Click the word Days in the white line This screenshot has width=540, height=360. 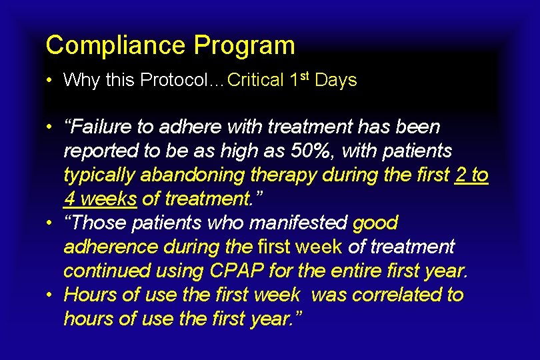tap(336, 81)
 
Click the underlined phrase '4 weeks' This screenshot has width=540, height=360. tap(101, 199)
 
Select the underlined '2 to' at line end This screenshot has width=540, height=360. tap(471, 175)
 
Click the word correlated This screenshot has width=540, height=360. tap(382, 295)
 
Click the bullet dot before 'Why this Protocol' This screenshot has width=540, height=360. tap(50, 81)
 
